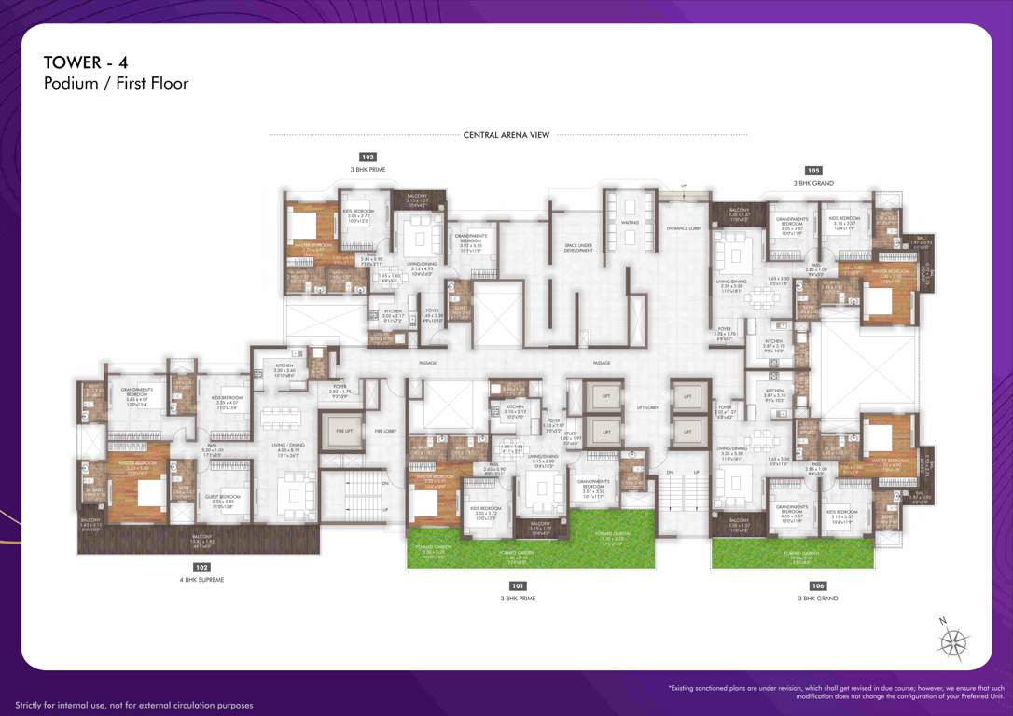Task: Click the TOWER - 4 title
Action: pos(85,62)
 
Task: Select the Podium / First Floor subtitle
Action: pos(116,84)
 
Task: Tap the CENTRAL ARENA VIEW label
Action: pos(506,135)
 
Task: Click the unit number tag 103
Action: pos(368,158)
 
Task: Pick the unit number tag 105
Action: pos(813,171)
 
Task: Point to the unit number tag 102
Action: pos(201,567)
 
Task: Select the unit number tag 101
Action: pos(518,585)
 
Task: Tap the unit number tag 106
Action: pos(818,585)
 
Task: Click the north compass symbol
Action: pos(953,642)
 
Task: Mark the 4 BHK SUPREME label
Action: pos(201,580)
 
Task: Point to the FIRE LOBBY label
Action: pos(384,431)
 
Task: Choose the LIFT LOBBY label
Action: pos(647,407)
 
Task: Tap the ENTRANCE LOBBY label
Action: pos(683,228)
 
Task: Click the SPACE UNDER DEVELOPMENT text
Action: pos(578,248)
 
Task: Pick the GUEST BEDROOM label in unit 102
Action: pos(223,498)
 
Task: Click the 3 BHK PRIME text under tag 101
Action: pos(518,599)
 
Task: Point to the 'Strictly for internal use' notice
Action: pos(133,705)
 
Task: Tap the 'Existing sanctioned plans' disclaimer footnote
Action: pos(836,692)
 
